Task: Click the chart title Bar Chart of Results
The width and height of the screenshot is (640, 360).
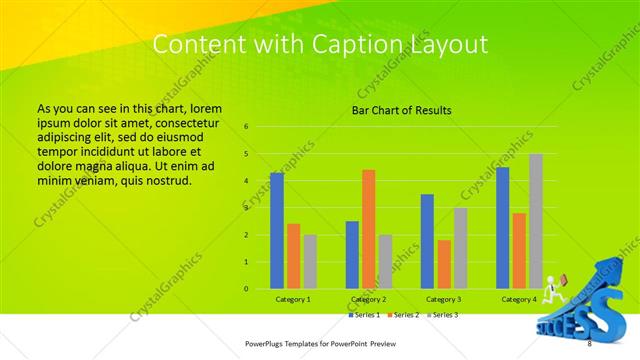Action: point(400,110)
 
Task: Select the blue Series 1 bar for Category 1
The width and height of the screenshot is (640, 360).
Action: point(277,231)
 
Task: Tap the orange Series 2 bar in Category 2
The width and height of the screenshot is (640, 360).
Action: point(368,229)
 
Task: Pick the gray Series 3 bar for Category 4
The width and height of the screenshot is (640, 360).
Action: point(536,221)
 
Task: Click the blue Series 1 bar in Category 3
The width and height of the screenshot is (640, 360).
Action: point(427,241)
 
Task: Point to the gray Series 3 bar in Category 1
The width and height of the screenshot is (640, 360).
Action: point(309,262)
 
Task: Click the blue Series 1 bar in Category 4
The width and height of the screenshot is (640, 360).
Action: point(502,228)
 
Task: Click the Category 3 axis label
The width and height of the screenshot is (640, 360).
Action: point(443,300)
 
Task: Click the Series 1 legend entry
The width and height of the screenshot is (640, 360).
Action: point(365,315)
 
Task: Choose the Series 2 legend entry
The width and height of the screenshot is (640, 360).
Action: point(404,315)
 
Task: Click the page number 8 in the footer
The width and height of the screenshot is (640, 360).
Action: point(589,344)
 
